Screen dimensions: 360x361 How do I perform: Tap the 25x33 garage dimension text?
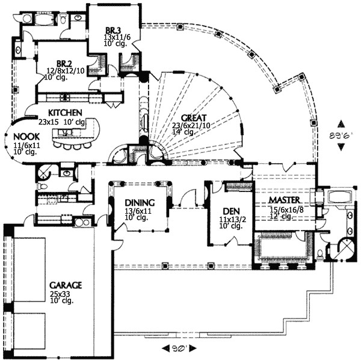point(60,293)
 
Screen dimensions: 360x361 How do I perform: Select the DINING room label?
point(141,203)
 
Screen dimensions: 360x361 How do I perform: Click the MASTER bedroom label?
point(285,200)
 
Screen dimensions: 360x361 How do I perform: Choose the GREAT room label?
point(194,118)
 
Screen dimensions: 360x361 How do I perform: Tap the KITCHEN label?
point(61,113)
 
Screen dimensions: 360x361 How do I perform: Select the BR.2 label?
point(64,63)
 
